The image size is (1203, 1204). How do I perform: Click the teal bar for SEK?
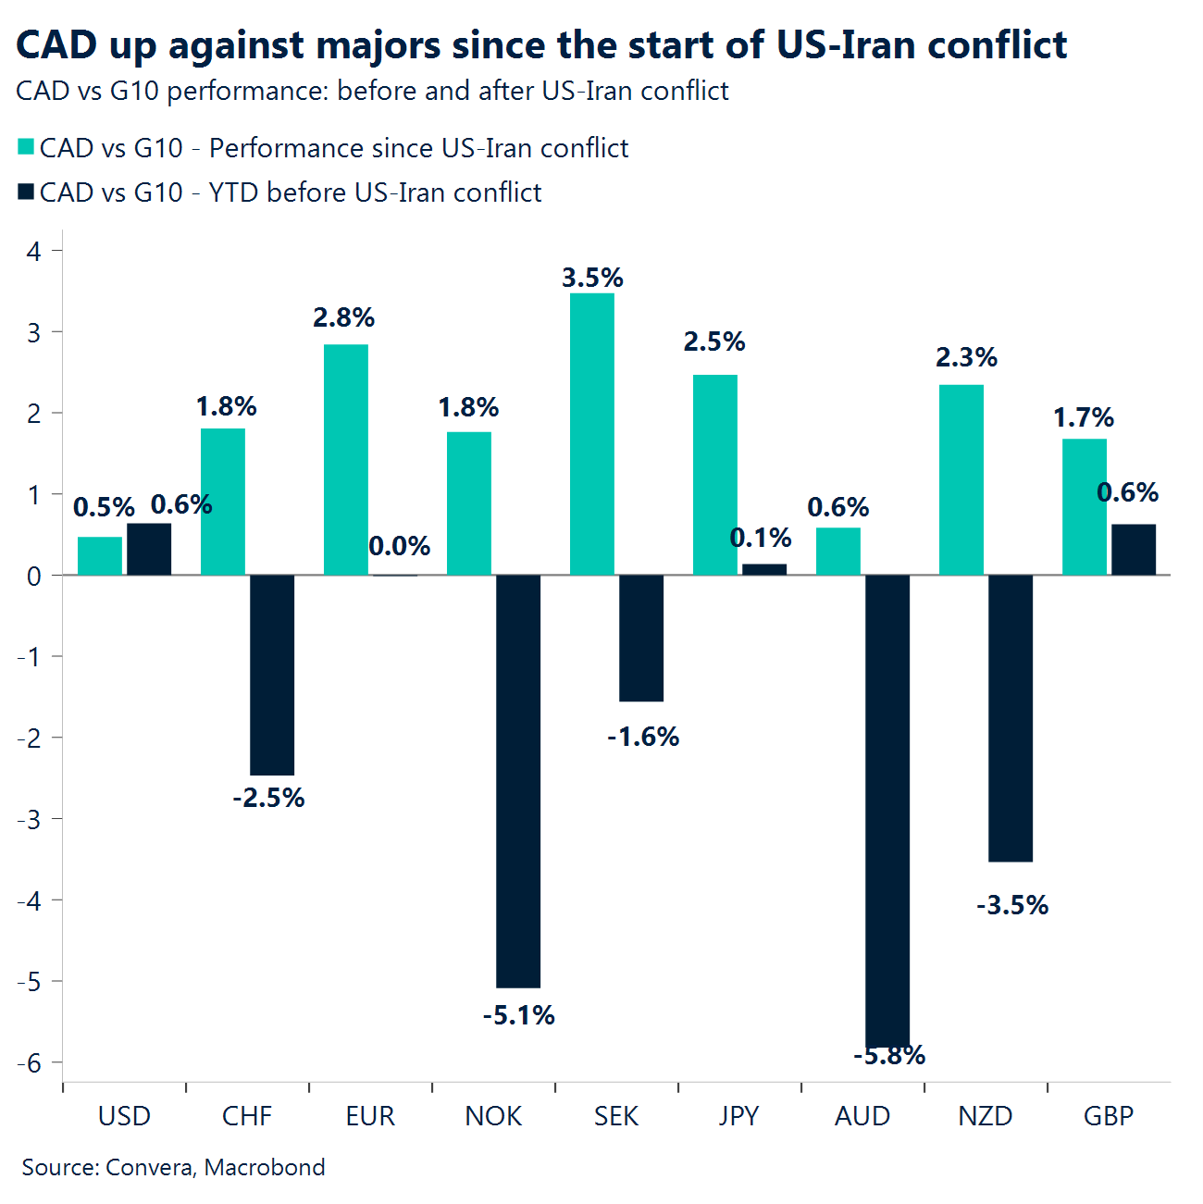click(591, 434)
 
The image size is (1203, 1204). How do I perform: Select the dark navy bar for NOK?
click(518, 781)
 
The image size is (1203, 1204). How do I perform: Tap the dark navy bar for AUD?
click(887, 810)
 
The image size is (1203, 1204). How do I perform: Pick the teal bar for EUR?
click(345, 460)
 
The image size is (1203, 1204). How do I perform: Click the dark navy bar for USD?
click(149, 550)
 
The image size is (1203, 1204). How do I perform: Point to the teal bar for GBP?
click(1084, 507)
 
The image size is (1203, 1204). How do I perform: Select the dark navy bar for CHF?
click(272, 675)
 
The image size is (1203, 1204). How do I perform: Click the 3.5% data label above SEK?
click(592, 278)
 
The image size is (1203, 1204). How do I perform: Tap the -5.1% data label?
click(518, 1015)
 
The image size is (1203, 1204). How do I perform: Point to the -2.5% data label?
click(268, 798)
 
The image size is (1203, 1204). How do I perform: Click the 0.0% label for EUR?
click(399, 546)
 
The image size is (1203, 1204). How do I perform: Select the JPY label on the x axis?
click(738, 1116)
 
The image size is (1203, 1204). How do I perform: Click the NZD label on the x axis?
click(985, 1116)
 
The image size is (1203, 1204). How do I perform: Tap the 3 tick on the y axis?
click(34, 332)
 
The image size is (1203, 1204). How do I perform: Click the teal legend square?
click(26, 147)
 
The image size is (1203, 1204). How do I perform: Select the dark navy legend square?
click(26, 192)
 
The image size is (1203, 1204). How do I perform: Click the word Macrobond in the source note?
click(265, 1167)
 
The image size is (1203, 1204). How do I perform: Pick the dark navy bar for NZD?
click(1010, 718)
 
